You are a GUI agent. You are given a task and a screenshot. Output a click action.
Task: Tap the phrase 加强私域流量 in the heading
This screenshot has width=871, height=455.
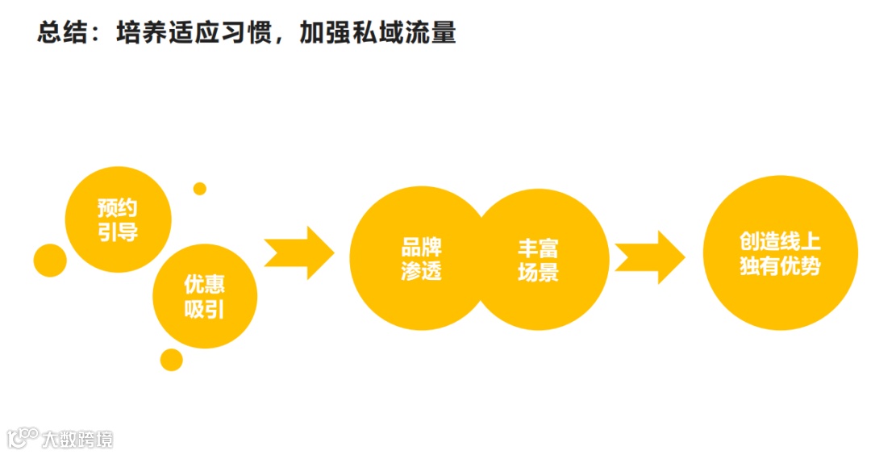pos(377,33)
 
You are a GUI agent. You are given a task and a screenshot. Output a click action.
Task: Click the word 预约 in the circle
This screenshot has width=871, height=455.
pos(118,208)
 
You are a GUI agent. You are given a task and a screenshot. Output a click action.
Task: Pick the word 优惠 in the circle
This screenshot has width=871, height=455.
pos(205,285)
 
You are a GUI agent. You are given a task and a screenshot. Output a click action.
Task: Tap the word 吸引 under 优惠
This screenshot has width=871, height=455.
pos(205,309)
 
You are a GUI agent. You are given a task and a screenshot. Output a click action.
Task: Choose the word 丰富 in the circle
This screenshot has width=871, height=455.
pos(538,247)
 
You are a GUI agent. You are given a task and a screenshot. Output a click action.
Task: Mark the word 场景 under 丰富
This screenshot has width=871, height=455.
pos(538,272)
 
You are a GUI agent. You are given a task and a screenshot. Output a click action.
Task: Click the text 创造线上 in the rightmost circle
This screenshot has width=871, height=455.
pos(780,241)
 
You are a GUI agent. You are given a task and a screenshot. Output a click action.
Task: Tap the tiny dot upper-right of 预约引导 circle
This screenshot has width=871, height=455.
pos(200,189)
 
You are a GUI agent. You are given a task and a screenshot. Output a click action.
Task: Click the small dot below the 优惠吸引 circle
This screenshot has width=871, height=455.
pos(172,360)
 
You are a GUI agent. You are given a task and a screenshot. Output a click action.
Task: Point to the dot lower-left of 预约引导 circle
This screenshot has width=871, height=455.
pos(50,260)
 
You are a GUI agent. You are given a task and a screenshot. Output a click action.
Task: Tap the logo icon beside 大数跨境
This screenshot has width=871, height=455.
pos(23,438)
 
